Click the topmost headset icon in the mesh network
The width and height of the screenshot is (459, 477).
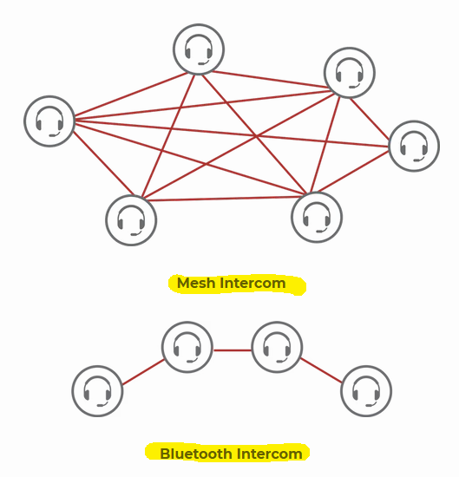[199, 49]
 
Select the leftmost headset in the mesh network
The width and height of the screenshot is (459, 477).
[49, 121]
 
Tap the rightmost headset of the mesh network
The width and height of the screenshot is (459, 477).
[414, 146]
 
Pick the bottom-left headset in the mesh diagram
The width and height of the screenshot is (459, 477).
[131, 220]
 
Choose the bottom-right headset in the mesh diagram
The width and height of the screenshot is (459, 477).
[317, 217]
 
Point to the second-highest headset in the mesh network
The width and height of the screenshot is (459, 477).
[350, 73]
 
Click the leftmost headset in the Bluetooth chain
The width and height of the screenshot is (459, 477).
[97, 391]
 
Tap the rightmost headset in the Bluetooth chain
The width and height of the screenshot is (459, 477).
[366, 391]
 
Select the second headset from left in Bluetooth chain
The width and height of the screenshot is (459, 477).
[187, 347]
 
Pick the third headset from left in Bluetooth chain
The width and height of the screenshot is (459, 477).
[277, 347]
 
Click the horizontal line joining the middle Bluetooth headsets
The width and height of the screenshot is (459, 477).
[233, 350]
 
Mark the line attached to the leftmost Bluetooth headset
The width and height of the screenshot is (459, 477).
[143, 372]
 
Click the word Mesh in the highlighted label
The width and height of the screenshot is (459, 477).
[196, 284]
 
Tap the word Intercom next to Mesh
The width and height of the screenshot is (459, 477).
[252, 284]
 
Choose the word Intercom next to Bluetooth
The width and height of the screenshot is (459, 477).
[269, 454]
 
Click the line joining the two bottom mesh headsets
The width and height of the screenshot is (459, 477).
[225, 199]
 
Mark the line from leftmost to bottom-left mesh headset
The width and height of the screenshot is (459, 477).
[103, 163]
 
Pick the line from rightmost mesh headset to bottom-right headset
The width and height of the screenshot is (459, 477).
[353, 171]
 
